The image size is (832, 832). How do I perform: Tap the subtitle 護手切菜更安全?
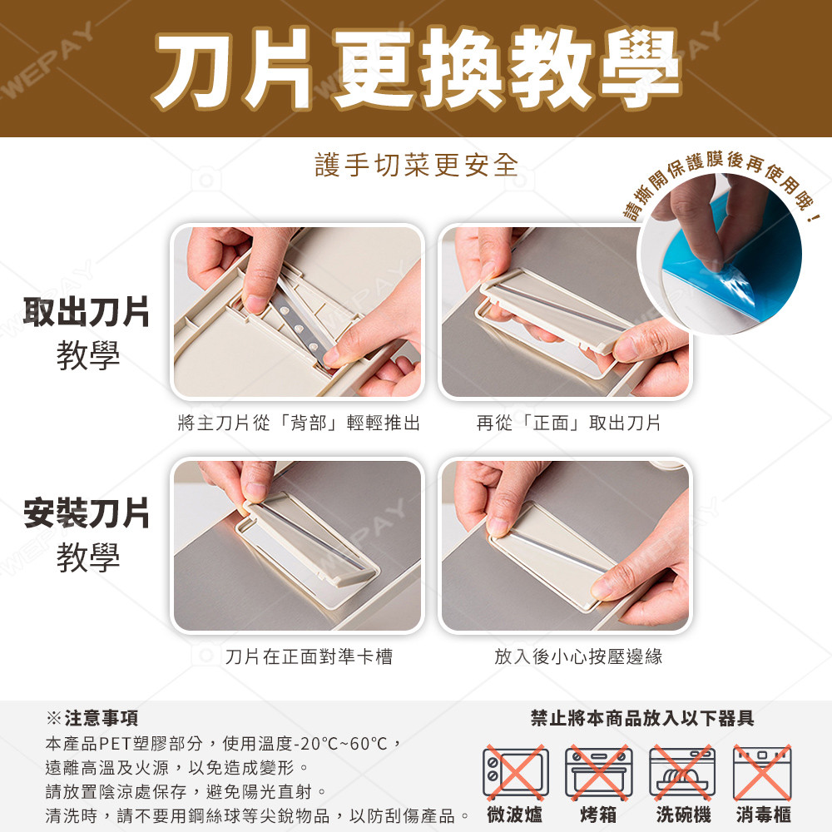[417, 165]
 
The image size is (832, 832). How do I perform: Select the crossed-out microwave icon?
[515, 772]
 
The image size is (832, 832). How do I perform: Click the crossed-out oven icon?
[599, 772]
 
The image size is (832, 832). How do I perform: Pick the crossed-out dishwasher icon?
[682, 772]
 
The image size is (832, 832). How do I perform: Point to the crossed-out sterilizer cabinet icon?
[762, 772]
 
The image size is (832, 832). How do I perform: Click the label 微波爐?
[515, 815]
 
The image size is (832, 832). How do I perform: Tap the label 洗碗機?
[683, 815]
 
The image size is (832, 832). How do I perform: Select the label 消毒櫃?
[763, 815]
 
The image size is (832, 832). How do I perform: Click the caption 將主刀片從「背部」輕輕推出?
[299, 423]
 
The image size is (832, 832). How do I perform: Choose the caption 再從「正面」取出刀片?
[568, 423]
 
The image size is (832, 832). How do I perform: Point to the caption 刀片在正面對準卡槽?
[309, 656]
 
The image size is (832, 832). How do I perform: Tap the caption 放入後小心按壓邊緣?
[578, 656]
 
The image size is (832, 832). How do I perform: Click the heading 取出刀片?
[87, 312]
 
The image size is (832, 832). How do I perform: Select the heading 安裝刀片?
[87, 513]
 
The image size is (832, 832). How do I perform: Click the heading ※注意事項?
[92, 718]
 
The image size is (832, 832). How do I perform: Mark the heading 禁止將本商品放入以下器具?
[642, 718]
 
